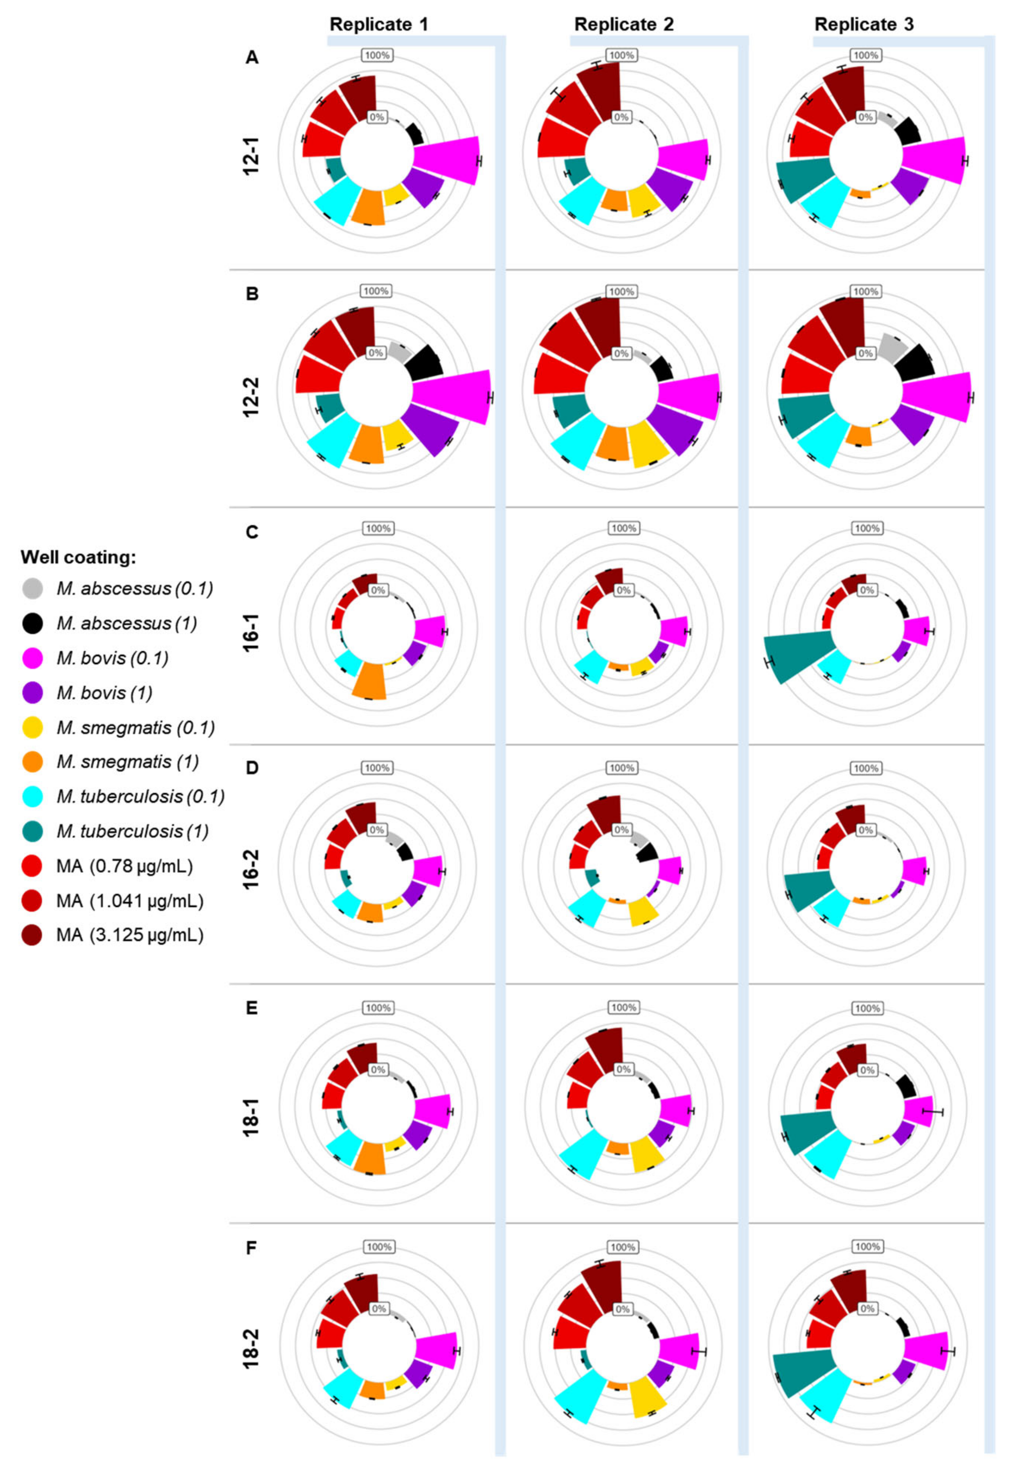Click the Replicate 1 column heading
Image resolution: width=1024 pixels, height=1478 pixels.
[x=378, y=24]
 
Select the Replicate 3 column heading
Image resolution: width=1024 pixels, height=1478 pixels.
[x=864, y=24]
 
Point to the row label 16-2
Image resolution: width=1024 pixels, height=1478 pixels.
[x=252, y=868]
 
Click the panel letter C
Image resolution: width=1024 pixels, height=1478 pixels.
[x=252, y=532]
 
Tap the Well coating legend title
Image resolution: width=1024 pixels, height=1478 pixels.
[x=78, y=557]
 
